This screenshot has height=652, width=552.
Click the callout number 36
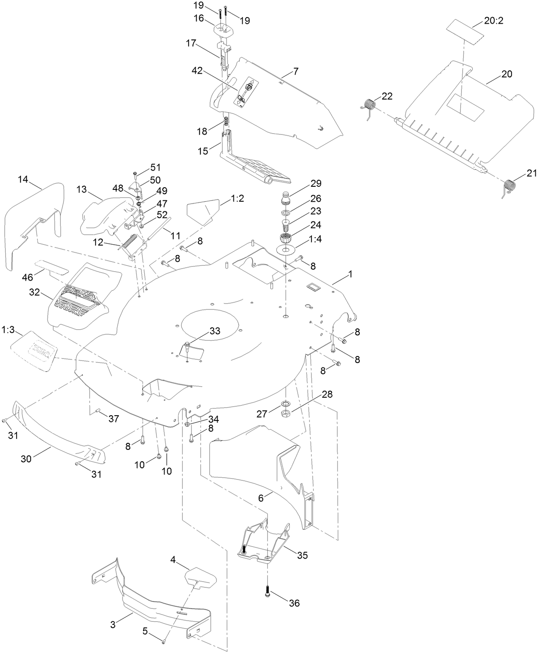pyautogui.click(x=294, y=603)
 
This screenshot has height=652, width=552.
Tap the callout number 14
pyautogui.click(x=23, y=179)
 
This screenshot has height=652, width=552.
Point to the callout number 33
pyautogui.click(x=215, y=331)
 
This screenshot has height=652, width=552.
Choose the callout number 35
pyautogui.click(x=302, y=556)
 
